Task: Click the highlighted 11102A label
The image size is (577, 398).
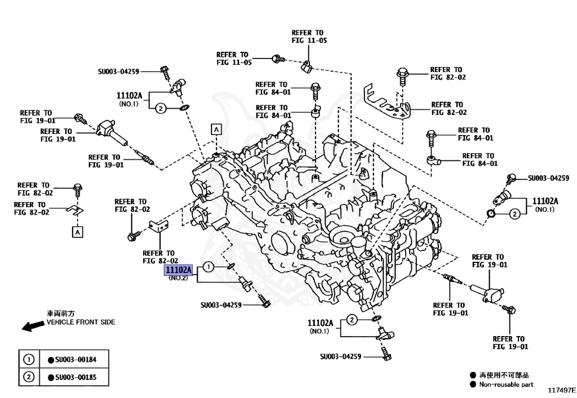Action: click(x=178, y=271)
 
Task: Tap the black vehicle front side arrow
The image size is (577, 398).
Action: click(x=29, y=326)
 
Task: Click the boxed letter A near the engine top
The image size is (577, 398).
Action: click(x=216, y=129)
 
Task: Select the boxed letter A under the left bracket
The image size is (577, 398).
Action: click(x=76, y=231)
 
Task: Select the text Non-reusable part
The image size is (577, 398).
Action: click(x=506, y=385)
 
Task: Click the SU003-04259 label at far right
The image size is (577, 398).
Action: click(x=548, y=178)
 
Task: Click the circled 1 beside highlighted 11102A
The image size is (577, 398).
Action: click(x=208, y=267)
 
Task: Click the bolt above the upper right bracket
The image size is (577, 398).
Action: click(x=402, y=74)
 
